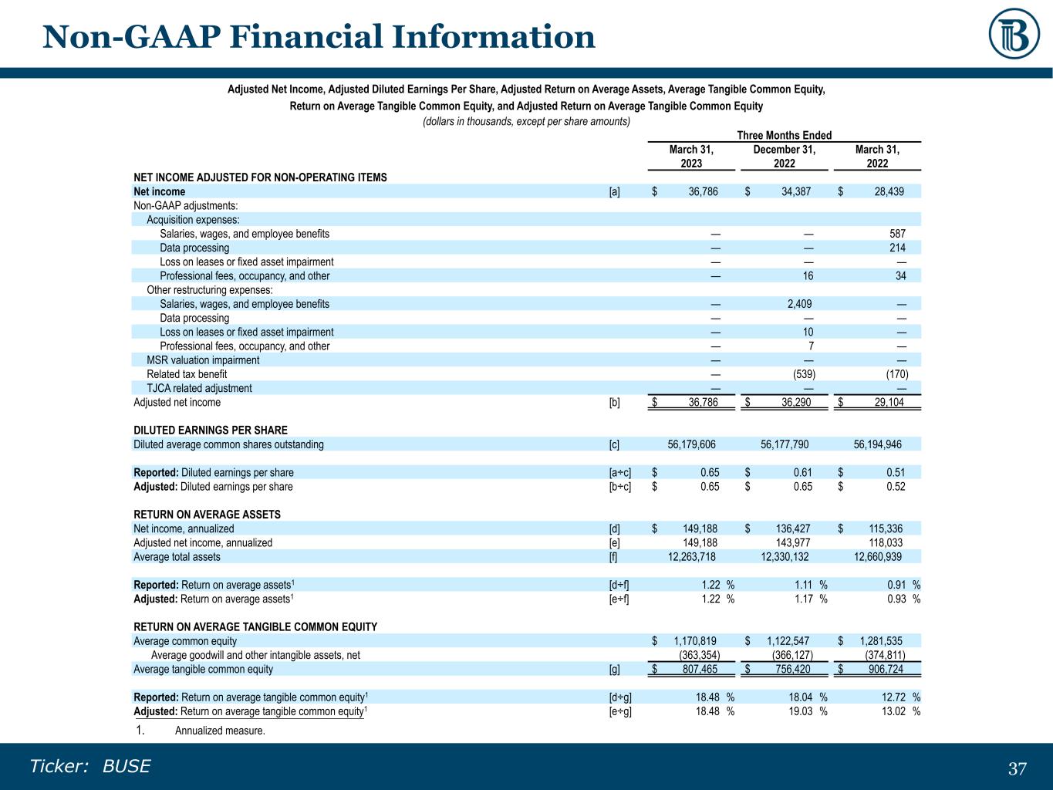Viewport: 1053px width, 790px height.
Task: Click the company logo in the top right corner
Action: tap(1014, 34)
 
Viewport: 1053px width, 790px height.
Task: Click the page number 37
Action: tap(1018, 769)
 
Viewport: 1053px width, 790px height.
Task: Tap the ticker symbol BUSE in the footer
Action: tap(127, 766)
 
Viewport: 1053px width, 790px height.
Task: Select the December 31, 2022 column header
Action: tap(785, 157)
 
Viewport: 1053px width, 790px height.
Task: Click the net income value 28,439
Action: tap(889, 191)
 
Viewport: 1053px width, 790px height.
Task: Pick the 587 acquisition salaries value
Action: tap(897, 234)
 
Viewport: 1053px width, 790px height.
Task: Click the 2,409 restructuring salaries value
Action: tap(799, 304)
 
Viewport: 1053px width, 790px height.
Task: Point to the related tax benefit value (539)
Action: tap(804, 374)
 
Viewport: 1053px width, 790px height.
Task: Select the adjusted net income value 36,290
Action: tap(796, 402)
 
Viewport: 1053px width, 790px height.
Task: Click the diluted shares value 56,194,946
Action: tap(877, 444)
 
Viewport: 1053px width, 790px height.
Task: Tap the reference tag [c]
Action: tap(614, 444)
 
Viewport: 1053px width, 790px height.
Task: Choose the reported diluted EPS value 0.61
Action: tap(802, 472)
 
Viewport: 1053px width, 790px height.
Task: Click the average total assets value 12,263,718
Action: tap(691, 557)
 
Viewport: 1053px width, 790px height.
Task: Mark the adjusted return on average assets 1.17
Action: tap(804, 599)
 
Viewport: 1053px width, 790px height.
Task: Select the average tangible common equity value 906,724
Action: tap(886, 669)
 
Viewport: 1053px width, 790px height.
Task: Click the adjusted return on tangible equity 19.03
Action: tap(801, 711)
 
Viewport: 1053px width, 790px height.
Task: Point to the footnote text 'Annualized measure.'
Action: tap(220, 731)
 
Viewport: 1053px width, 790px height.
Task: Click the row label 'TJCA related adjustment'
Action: tap(199, 388)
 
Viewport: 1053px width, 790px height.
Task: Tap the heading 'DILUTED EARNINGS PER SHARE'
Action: tap(211, 430)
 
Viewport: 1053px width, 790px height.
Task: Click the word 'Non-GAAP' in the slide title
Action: tap(131, 37)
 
